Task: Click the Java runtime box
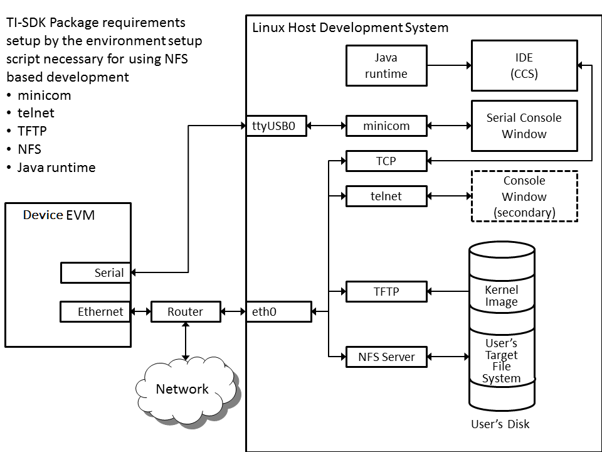point(386,66)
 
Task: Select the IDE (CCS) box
point(524,66)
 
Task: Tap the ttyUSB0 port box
point(277,126)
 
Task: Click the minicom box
point(386,126)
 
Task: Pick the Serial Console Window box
point(524,126)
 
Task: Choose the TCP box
point(386,161)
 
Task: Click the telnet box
point(386,196)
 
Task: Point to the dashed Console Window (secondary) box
point(524,196)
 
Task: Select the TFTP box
point(386,291)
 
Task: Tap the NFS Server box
point(386,357)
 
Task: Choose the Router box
point(186,311)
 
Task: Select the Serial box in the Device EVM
point(96,272)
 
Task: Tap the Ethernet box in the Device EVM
point(96,311)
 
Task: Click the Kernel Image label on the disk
point(502,296)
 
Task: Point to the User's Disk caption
point(500,424)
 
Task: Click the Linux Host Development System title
point(350,28)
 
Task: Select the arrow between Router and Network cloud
point(186,342)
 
